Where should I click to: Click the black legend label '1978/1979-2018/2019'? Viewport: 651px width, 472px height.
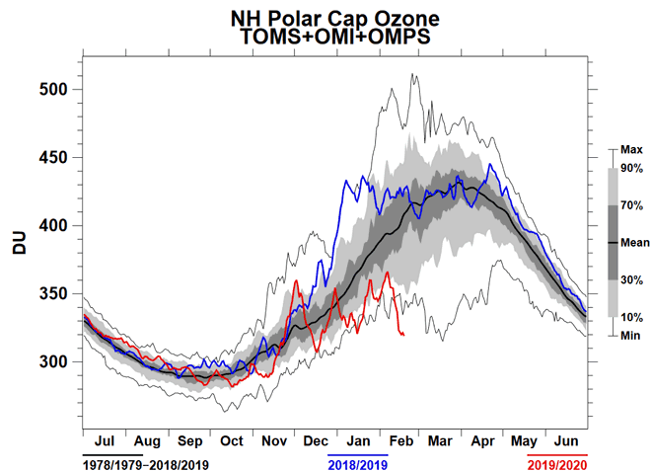click(146, 462)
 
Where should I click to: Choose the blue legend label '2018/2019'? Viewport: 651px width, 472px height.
click(357, 462)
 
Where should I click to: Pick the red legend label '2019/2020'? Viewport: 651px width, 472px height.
click(558, 462)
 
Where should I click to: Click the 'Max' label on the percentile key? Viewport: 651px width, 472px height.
click(631, 150)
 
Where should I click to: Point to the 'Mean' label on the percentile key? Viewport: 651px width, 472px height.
click(633, 242)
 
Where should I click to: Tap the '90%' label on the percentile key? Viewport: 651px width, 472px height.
click(631, 168)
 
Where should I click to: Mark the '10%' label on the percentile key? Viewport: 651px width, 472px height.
click(631, 317)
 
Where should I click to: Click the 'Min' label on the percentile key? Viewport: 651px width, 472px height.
click(629, 335)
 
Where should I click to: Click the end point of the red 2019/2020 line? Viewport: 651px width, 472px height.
click(403, 335)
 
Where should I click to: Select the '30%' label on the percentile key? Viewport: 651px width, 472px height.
click(631, 279)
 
